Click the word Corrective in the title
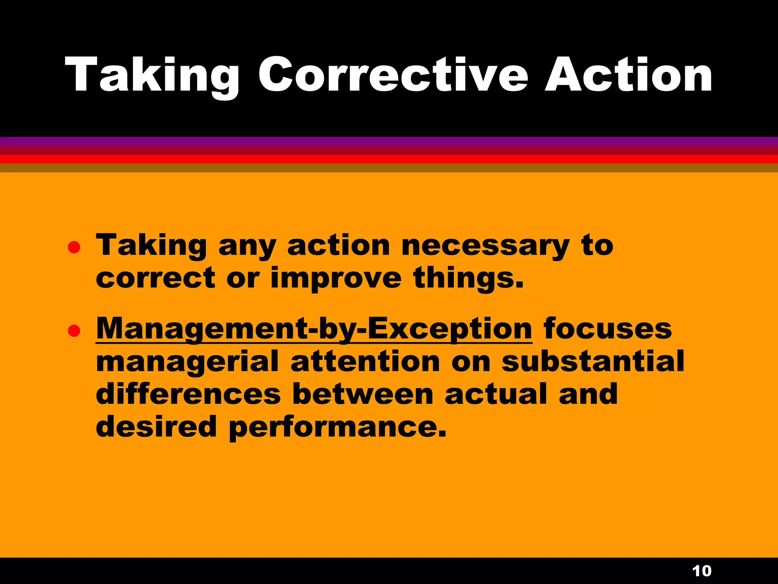(393, 75)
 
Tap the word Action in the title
(629, 75)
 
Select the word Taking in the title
(152, 75)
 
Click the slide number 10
(702, 571)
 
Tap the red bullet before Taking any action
(74, 248)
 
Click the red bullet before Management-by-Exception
(74, 331)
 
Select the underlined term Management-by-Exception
(314, 329)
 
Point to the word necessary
(485, 246)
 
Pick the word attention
(365, 362)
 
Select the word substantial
(593, 362)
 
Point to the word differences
(188, 394)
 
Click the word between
(363, 394)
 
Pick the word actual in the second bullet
(496, 394)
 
